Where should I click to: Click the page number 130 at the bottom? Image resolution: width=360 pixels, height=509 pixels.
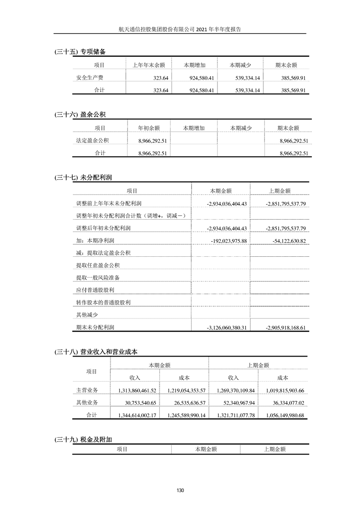[180, 490]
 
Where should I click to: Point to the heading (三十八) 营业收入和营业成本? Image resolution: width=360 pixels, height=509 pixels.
[95, 351]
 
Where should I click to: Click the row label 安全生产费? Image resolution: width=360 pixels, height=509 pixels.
[89, 78]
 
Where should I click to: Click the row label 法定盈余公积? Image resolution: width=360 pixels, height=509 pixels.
[92, 141]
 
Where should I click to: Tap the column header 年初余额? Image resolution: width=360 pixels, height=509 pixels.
[148, 128]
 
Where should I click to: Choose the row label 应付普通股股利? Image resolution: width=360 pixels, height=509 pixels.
[95, 290]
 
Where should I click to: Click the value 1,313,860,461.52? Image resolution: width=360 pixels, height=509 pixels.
[137, 390]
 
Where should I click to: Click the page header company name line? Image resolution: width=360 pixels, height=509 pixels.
[180, 29]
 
